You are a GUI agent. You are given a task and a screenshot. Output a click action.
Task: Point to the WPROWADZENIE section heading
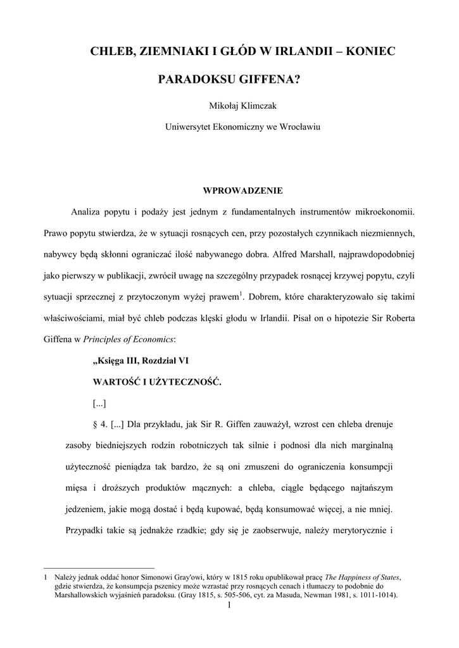(x=242, y=190)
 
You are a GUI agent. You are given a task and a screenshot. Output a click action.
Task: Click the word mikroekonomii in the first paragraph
(x=385, y=211)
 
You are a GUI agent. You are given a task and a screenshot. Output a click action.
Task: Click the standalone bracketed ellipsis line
(x=99, y=404)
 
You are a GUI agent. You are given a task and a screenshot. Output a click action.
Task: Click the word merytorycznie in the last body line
(x=356, y=530)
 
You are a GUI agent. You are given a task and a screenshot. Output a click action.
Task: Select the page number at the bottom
(x=229, y=607)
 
